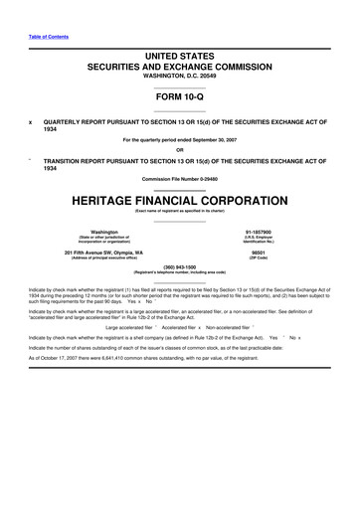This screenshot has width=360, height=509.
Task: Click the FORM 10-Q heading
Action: [x=179, y=97]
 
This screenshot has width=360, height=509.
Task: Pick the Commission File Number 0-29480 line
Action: [x=180, y=179]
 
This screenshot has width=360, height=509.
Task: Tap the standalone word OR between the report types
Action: [x=180, y=151]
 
